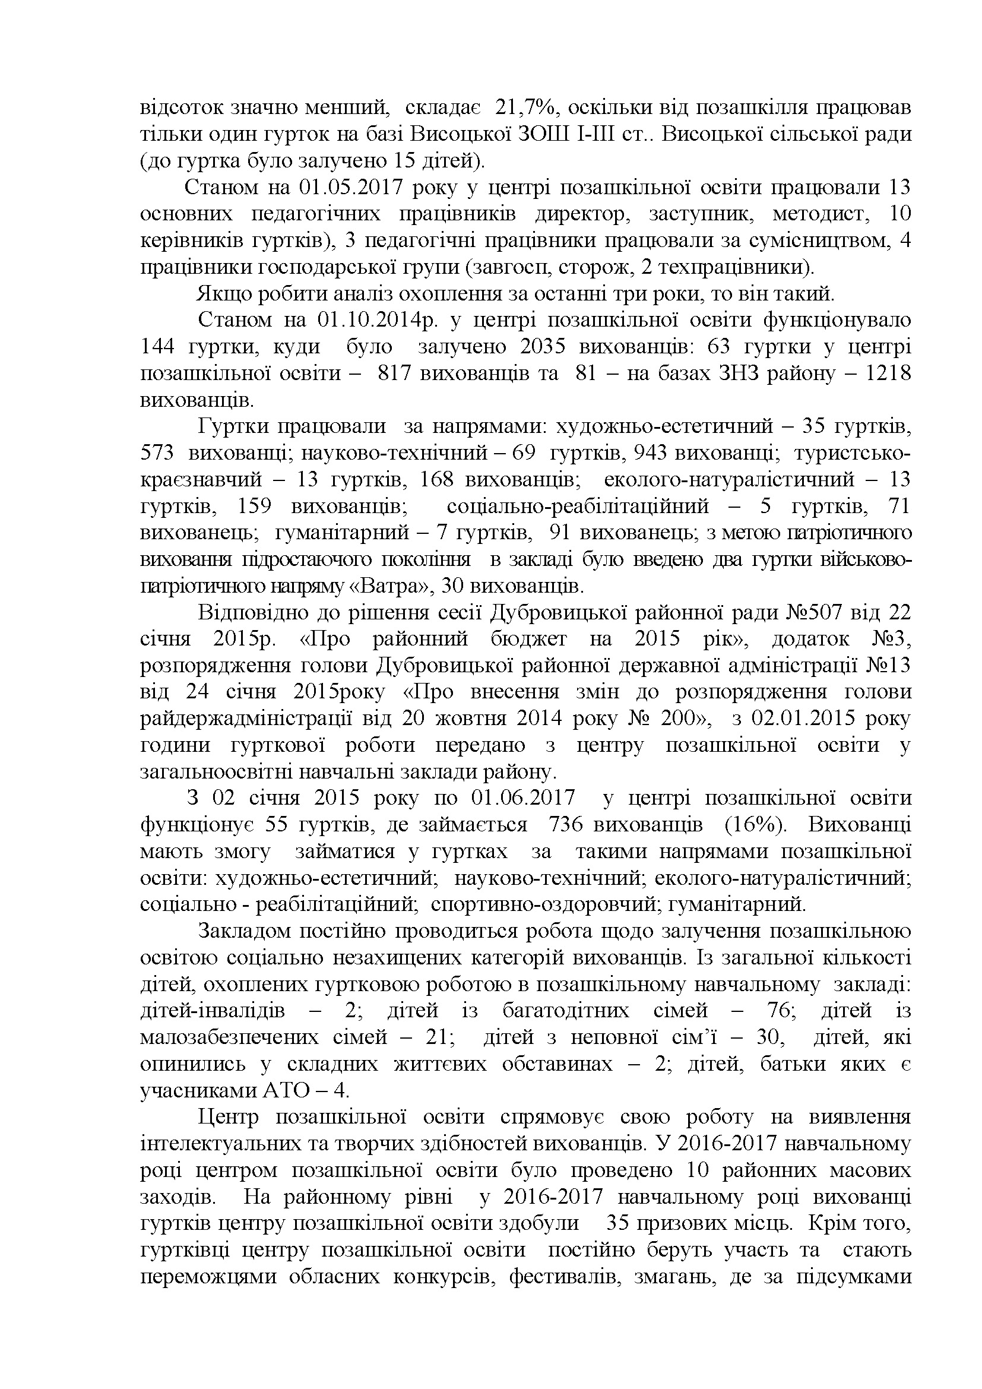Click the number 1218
(x=888, y=374)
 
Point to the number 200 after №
(x=678, y=719)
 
